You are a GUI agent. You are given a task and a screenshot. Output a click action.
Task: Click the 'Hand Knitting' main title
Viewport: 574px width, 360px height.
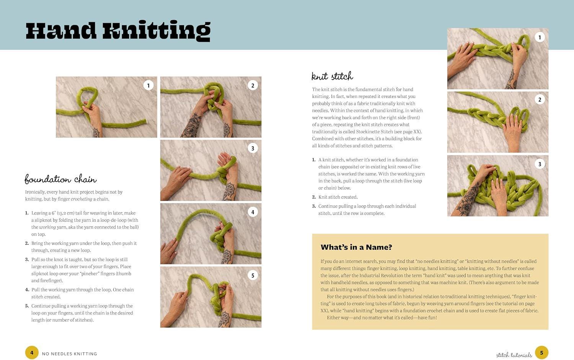tap(118, 31)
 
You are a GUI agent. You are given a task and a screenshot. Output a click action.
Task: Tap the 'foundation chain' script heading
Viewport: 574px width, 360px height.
tap(60, 179)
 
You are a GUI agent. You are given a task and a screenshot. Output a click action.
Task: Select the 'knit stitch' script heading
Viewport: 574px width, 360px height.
tap(333, 76)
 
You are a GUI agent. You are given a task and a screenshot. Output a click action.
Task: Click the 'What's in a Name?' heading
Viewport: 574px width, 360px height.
tap(356, 247)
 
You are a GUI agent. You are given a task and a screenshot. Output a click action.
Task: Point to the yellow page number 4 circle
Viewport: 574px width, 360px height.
tap(32, 353)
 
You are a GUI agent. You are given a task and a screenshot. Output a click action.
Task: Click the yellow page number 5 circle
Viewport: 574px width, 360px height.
tap(541, 353)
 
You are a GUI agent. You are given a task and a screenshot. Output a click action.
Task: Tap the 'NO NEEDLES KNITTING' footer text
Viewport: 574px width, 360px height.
tap(69, 354)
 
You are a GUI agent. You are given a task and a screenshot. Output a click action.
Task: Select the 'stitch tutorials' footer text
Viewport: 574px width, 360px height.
tap(514, 355)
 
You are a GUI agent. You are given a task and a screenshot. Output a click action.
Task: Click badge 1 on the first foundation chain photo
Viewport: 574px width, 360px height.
tap(148, 85)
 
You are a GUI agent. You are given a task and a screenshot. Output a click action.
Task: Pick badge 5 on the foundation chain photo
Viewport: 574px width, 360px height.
tap(253, 275)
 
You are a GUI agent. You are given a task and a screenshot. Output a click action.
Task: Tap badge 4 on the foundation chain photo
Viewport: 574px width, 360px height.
tap(253, 212)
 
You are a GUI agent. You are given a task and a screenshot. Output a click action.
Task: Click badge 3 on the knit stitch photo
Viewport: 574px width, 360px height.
tap(540, 164)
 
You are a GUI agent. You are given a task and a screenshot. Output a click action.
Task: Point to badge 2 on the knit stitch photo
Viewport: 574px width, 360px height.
tap(540, 100)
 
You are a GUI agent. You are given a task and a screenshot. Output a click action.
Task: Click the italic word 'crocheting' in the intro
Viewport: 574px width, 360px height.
tap(82, 199)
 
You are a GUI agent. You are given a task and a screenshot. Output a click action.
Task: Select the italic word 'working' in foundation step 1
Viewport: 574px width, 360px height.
tap(47, 227)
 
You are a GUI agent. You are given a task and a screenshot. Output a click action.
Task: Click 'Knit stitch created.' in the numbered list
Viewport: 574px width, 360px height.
tap(338, 197)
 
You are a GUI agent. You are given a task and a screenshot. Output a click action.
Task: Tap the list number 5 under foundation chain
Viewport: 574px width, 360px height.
tap(27, 306)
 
